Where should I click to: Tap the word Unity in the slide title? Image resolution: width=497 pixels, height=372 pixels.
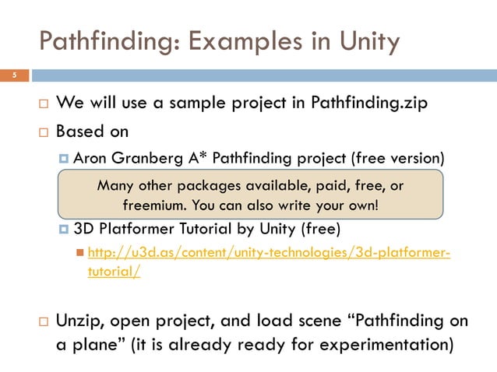(365, 40)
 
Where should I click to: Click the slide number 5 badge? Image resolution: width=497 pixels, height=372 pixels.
(13, 76)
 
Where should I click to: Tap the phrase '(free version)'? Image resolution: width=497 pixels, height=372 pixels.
(398, 158)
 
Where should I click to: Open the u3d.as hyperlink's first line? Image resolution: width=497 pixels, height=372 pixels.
(269, 254)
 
